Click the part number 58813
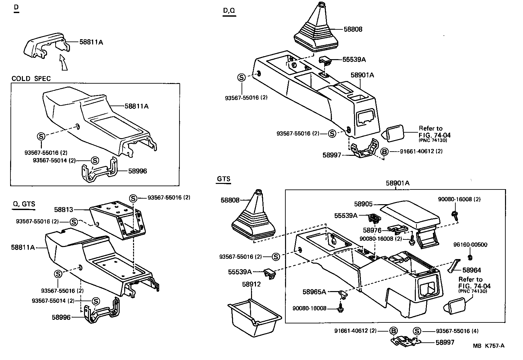[63, 209]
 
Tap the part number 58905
[363, 204]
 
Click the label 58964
[471, 270]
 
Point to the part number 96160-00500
[470, 245]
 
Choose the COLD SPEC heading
[31, 79]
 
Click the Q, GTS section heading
[24, 204]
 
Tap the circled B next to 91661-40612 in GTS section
[394, 331]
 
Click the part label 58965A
[314, 292]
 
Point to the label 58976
[372, 230]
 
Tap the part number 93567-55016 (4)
[457, 331]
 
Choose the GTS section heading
[224, 179]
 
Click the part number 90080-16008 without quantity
[309, 308]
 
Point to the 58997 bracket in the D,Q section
[364, 150]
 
